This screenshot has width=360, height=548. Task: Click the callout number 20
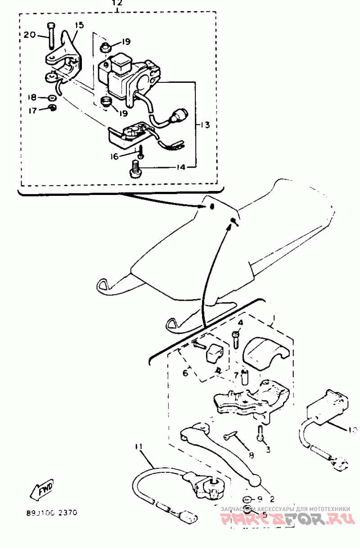click(x=29, y=35)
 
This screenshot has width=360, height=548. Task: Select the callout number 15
click(x=79, y=26)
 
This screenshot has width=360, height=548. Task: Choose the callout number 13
click(x=205, y=125)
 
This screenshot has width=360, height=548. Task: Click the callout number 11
click(x=138, y=446)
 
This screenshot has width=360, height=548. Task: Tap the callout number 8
click(x=251, y=455)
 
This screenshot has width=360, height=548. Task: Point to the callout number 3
click(x=268, y=449)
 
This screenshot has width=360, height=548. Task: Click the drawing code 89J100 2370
click(x=51, y=512)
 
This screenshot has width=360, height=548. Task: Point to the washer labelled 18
click(x=53, y=97)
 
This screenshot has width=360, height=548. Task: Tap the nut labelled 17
click(x=52, y=108)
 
